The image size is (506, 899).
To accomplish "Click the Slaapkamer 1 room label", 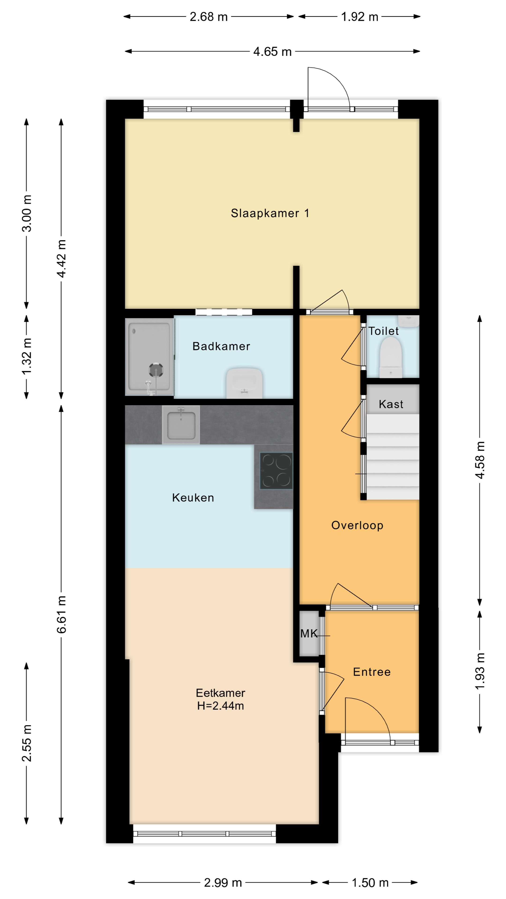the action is pyautogui.click(x=270, y=213).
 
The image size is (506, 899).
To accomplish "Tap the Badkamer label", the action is pyautogui.click(x=221, y=346).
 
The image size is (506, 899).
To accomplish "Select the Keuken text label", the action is pyautogui.click(x=193, y=498).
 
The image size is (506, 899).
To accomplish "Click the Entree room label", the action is pyautogui.click(x=372, y=672).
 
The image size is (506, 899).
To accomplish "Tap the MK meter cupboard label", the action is pyautogui.click(x=309, y=634).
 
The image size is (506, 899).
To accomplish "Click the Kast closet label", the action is pyautogui.click(x=391, y=404).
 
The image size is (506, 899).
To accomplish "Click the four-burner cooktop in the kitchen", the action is pyautogui.click(x=276, y=471).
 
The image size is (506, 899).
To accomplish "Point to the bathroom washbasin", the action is pyautogui.click(x=244, y=383).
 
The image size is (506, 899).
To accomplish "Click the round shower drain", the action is pyautogui.click(x=156, y=370).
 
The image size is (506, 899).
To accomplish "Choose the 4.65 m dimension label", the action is pyautogui.click(x=272, y=52).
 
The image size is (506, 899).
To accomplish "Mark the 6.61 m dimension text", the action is pyautogui.click(x=61, y=615).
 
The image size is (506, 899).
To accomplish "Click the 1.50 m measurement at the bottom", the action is pyautogui.click(x=370, y=883).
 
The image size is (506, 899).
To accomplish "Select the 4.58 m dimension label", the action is pyautogui.click(x=480, y=460).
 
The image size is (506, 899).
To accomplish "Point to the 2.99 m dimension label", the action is pyautogui.click(x=223, y=883).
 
